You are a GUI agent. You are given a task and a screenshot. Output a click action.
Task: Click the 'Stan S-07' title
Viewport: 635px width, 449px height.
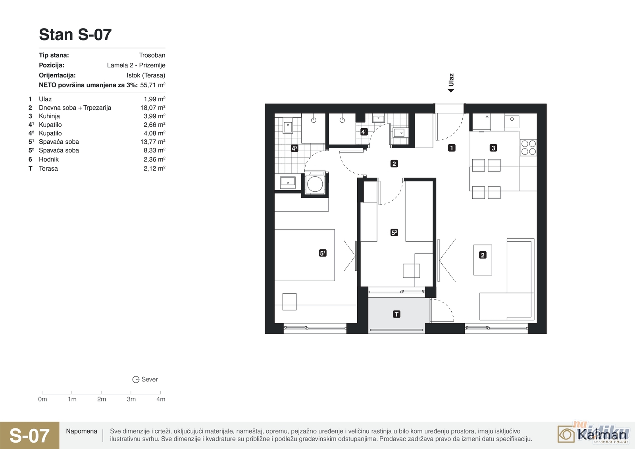click(x=75, y=35)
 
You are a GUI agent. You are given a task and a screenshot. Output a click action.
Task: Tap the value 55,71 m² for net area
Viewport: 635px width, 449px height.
click(x=152, y=85)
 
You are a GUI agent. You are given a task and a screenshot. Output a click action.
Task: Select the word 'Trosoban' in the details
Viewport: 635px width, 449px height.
click(x=152, y=55)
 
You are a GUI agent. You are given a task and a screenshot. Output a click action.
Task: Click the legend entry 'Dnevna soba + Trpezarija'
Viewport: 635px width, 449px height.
click(x=75, y=108)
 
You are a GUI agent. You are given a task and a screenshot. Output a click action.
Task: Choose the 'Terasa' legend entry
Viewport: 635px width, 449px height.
click(x=48, y=168)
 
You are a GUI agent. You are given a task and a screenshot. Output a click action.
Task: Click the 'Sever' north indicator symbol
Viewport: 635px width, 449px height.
click(x=136, y=380)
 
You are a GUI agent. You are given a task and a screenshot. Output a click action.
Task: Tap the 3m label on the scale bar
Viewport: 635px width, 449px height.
click(x=131, y=399)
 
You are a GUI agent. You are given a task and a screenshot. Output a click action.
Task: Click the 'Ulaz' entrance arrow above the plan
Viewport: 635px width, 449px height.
click(x=451, y=91)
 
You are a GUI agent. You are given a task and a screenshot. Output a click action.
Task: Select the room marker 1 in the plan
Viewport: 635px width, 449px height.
click(x=452, y=148)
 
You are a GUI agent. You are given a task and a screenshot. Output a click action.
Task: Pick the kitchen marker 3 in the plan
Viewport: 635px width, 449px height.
click(x=493, y=148)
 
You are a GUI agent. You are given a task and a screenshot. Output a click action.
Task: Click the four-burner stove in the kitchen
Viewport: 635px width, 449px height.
click(x=528, y=148)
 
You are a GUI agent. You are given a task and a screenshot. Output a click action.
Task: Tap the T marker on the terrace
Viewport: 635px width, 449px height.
click(x=396, y=314)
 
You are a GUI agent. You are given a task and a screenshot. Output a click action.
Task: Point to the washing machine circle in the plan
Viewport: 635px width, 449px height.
click(x=315, y=184)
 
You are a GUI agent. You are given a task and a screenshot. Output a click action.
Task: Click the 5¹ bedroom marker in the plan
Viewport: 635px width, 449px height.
click(x=323, y=253)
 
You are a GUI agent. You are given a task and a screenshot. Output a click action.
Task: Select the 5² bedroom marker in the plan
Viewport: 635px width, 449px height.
click(x=394, y=233)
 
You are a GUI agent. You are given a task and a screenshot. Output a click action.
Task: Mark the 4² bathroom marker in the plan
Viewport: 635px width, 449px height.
click(x=294, y=148)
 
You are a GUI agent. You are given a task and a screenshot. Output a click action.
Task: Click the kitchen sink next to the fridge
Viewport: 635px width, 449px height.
click(x=512, y=122)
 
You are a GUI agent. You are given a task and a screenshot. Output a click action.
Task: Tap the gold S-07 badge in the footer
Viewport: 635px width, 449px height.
click(x=30, y=436)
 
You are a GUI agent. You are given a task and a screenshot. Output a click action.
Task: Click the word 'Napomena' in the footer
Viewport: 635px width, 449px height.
click(x=82, y=431)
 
